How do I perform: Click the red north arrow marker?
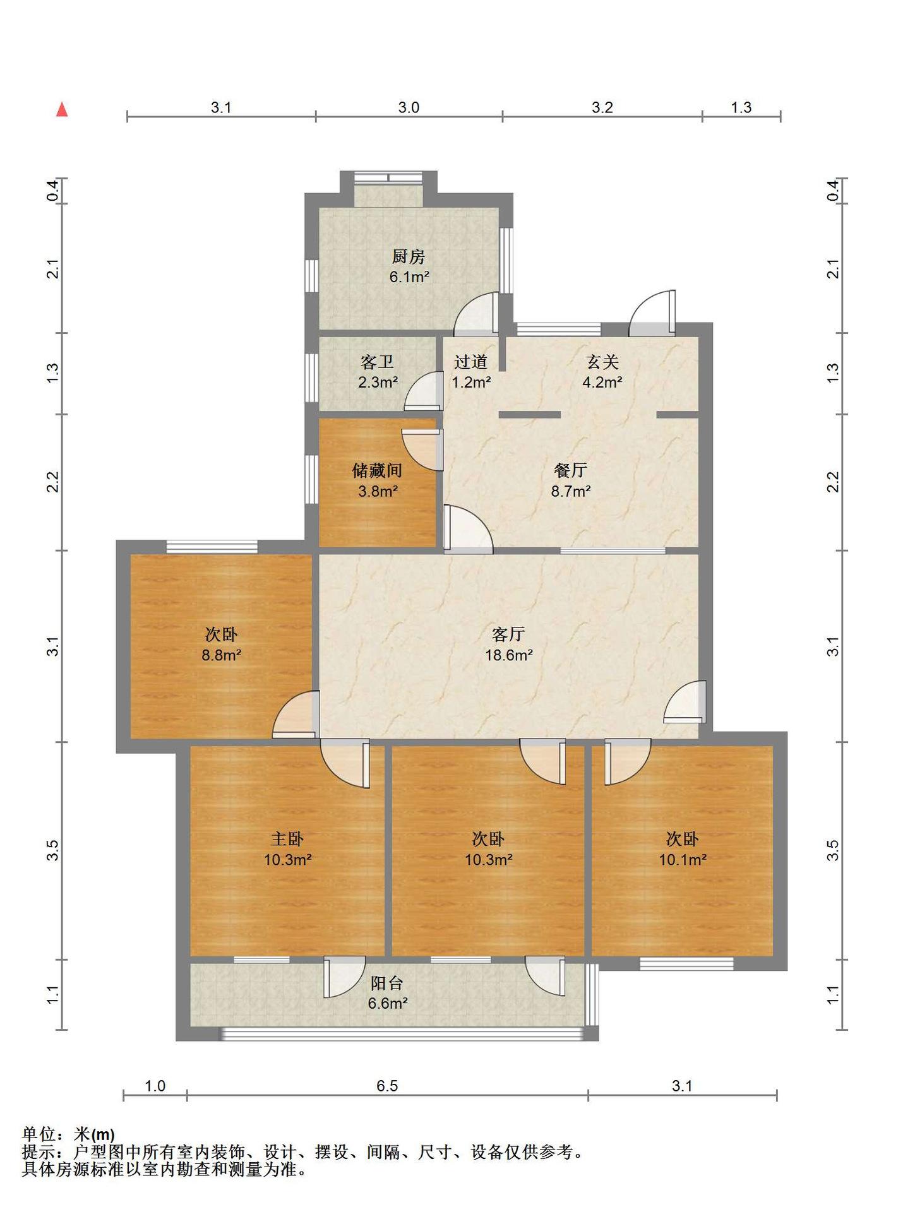pyautogui.click(x=62, y=110)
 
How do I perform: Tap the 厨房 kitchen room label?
pyautogui.click(x=409, y=256)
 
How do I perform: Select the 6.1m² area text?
pyautogui.click(x=409, y=276)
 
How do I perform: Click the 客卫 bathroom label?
pyautogui.click(x=378, y=362)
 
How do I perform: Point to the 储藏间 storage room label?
pyautogui.click(x=377, y=470)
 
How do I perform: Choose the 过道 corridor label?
pyautogui.click(x=471, y=362)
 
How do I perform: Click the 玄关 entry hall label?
pyautogui.click(x=602, y=362)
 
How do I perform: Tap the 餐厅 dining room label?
pyautogui.click(x=571, y=470)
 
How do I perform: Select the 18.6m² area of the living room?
pyautogui.click(x=509, y=655)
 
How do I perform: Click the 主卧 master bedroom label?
pyautogui.click(x=287, y=839)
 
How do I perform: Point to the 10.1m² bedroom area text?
pyautogui.click(x=683, y=860)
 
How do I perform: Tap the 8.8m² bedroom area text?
pyautogui.click(x=222, y=655)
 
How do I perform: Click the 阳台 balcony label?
pyautogui.click(x=387, y=983)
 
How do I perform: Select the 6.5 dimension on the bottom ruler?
pyautogui.click(x=387, y=1086)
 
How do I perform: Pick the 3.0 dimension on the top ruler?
pyautogui.click(x=409, y=107)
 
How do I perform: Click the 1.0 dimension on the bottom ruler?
pyautogui.click(x=155, y=1086)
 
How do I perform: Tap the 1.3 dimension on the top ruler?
pyautogui.click(x=741, y=107)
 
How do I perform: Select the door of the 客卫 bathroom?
pyautogui.click(x=424, y=391)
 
